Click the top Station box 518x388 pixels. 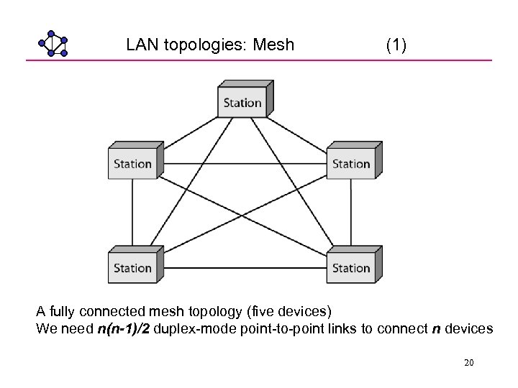(x=243, y=101)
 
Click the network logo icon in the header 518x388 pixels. (x=53, y=44)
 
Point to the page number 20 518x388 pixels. (x=468, y=363)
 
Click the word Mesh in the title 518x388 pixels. (x=274, y=45)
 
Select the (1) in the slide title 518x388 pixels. (x=396, y=45)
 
